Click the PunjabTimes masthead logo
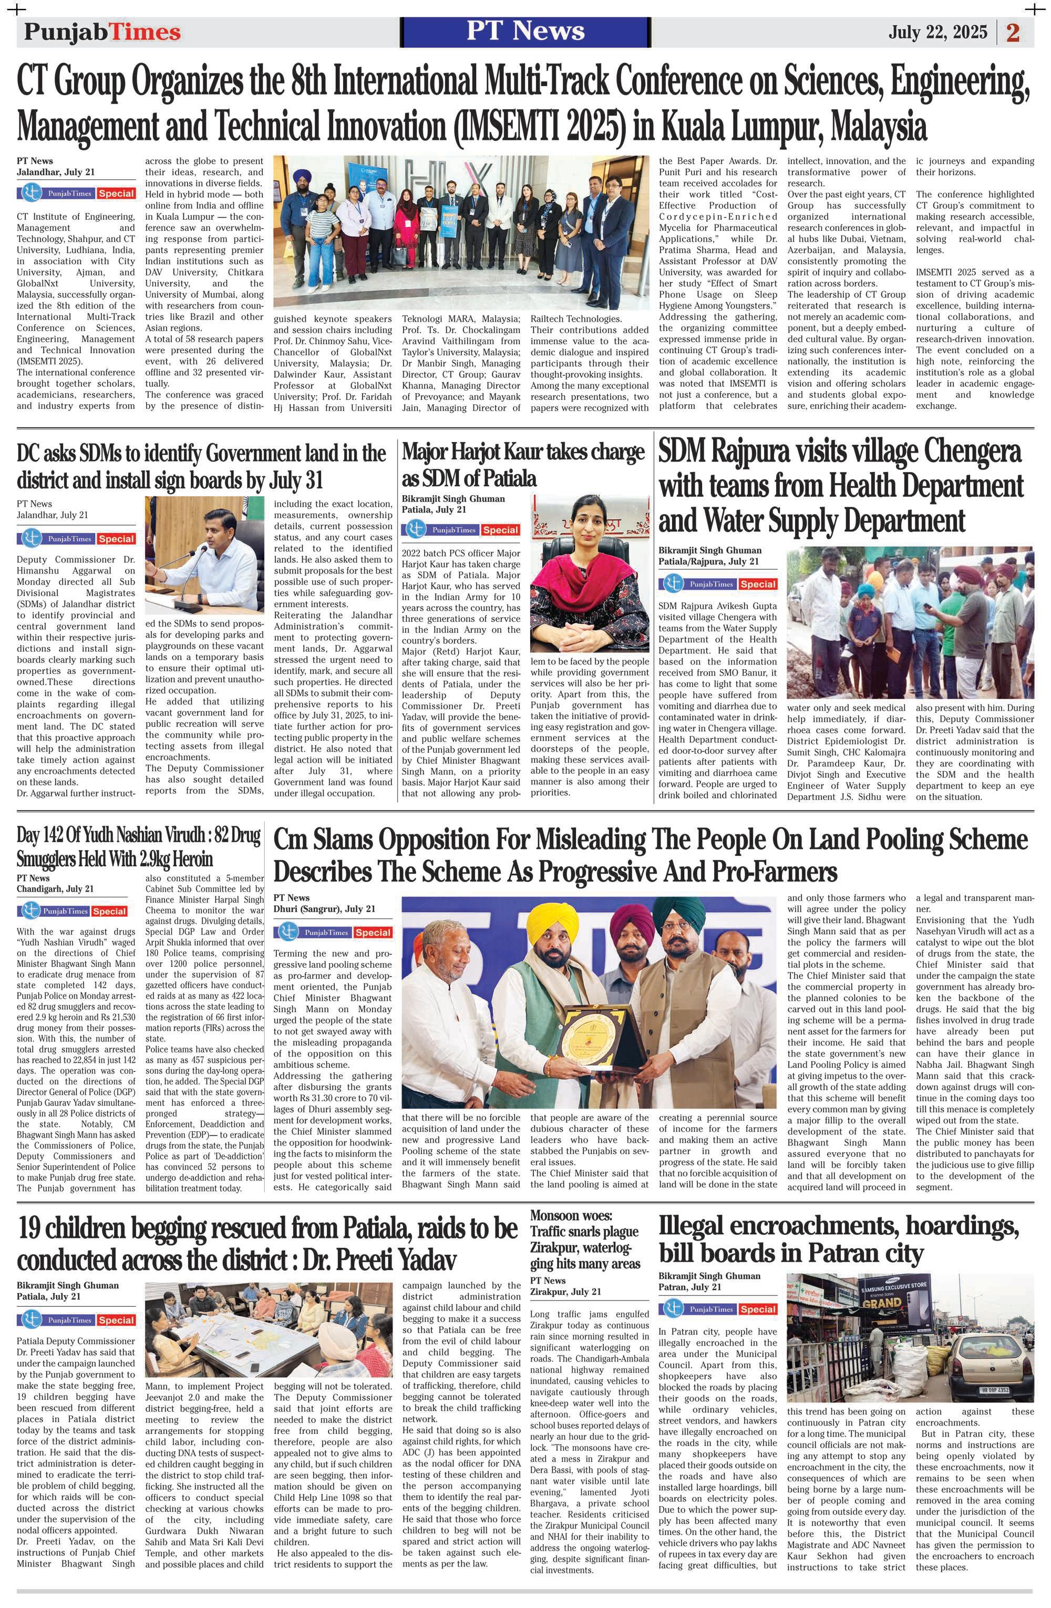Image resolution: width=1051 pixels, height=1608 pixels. pyautogui.click(x=102, y=32)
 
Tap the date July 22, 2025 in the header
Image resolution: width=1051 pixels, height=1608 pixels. pyautogui.click(x=937, y=32)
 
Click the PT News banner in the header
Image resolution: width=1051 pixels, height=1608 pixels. pyautogui.click(x=525, y=31)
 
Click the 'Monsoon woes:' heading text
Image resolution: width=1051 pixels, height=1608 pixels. pyautogui.click(x=571, y=1218)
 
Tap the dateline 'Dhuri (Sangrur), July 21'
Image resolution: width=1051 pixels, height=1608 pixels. pyautogui.click(x=324, y=909)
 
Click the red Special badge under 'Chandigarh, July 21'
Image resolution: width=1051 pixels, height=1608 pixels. pyautogui.click(x=110, y=911)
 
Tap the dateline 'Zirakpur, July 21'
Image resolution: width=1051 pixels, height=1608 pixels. pyautogui.click(x=565, y=1292)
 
